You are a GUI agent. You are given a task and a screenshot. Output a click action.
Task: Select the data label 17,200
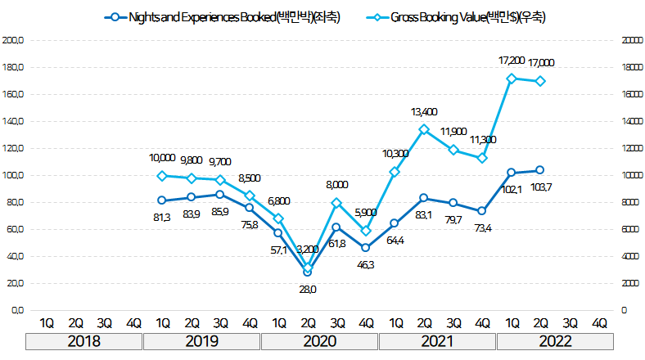512,61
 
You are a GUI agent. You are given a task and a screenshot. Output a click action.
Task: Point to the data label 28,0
307,289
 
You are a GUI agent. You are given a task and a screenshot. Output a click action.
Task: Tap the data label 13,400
424,112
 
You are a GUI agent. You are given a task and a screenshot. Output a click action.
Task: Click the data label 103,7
540,187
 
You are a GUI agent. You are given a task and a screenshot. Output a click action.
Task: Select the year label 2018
83,341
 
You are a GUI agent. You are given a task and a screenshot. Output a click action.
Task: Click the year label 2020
319,341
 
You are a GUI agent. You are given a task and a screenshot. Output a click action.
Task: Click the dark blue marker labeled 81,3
162,200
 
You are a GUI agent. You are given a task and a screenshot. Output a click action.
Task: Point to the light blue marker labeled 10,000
162,176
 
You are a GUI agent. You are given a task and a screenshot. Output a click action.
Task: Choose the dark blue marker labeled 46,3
366,248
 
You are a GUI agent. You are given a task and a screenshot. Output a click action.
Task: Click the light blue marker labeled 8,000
336,203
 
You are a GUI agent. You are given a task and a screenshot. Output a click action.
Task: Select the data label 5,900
366,214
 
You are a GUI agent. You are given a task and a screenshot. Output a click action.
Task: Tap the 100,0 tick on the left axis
14,175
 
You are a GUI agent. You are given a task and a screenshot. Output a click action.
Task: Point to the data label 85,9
219,212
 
